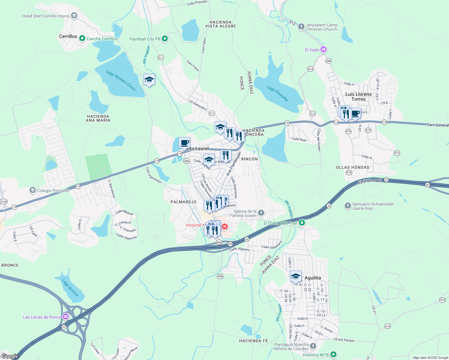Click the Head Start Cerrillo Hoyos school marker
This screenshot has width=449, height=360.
coord(74,16)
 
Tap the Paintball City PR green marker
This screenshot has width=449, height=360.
coord(164,39)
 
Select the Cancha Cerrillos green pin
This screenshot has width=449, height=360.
coord(82,39)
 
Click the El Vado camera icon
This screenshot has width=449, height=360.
coord(323,49)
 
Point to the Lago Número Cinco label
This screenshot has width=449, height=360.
coord(121,80)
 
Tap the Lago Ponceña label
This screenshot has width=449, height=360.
coord(278,93)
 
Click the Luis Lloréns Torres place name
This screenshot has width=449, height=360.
coord(358,97)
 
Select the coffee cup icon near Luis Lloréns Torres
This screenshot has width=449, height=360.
coord(355,114)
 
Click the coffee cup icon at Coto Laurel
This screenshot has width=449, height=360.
coord(184,143)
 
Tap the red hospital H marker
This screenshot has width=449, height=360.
coord(224,226)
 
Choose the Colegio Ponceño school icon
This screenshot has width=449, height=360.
coord(32,190)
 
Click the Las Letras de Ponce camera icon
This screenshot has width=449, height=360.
coord(66,317)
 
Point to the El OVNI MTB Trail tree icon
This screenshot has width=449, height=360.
coord(302,223)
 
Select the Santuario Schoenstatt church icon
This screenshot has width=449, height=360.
coord(348,206)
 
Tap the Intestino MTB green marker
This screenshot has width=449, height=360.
coord(333,355)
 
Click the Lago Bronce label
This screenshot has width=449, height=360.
coord(70,287)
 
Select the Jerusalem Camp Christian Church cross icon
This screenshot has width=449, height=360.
coord(301,27)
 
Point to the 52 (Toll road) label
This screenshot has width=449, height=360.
coord(369,181)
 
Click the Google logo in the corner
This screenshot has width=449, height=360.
coord(10,356)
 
